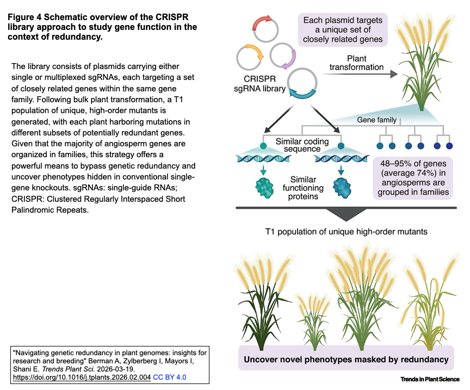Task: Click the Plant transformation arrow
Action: (x=360, y=74)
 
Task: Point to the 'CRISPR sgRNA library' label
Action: (x=259, y=84)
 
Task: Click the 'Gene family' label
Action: (x=376, y=120)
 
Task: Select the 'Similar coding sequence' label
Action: (x=302, y=145)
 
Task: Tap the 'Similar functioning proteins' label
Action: (x=303, y=188)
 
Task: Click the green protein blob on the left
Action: (x=264, y=188)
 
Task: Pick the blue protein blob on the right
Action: (x=342, y=188)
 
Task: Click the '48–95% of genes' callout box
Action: (x=413, y=178)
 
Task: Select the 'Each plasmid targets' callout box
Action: (x=343, y=30)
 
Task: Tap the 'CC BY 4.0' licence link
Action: (x=170, y=377)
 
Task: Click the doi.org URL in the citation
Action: (x=82, y=377)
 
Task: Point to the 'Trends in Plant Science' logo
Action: (x=430, y=379)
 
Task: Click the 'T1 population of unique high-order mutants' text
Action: (x=346, y=232)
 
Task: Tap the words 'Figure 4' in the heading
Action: (x=25, y=17)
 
